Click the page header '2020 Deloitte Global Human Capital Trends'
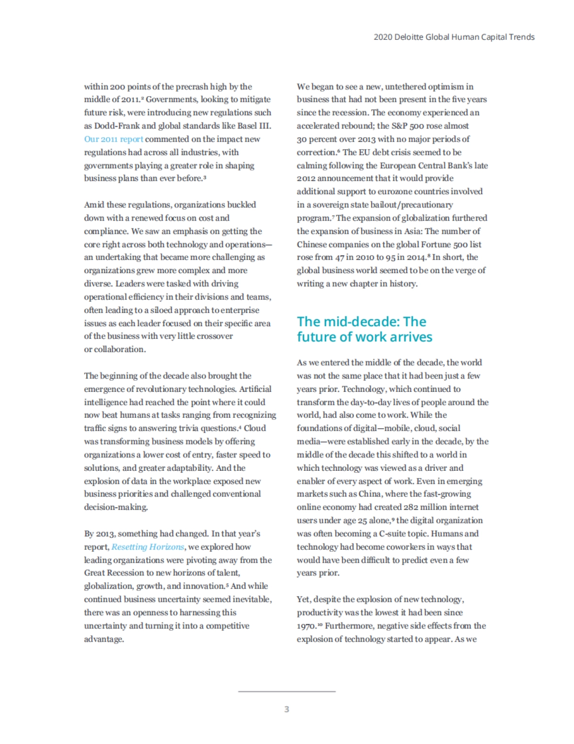click(x=454, y=37)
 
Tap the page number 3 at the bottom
click(x=287, y=709)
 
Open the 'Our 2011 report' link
click(x=113, y=139)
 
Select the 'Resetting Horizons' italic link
click(x=148, y=547)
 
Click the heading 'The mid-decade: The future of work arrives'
click(x=364, y=329)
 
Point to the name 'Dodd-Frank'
click(x=117, y=126)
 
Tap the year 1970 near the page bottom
click(x=306, y=626)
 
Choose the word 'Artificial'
click(x=255, y=389)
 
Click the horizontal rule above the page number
click(x=287, y=691)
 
